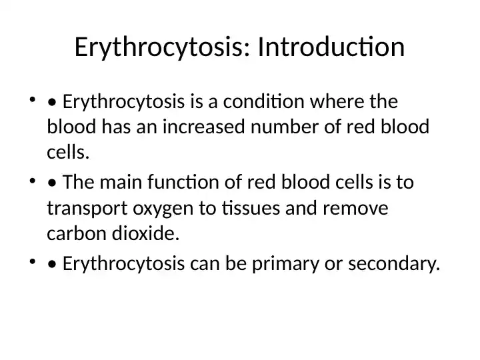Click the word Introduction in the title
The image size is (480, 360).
[x=331, y=47]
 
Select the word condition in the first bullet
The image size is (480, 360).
[x=263, y=101]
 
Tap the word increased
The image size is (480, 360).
[x=203, y=127]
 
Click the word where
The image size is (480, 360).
[x=337, y=101]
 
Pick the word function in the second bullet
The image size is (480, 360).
[x=183, y=182]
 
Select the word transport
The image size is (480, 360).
[x=87, y=209]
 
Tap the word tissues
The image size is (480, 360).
[x=251, y=208]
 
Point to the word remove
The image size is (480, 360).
[x=355, y=209]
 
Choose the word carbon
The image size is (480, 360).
[x=77, y=233]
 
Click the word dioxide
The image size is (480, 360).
[x=145, y=233]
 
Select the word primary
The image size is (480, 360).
[x=285, y=264]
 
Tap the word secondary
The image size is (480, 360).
[x=394, y=264]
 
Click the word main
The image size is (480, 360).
[x=121, y=182]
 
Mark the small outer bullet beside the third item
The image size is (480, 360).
[x=33, y=262]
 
